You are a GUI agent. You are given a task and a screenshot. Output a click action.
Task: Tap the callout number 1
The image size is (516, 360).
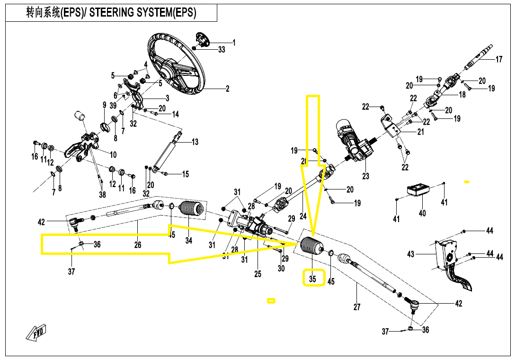233,43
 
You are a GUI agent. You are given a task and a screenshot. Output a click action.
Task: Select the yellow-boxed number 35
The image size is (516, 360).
312,279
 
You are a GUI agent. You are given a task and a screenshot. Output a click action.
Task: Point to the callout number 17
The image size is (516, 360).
499,60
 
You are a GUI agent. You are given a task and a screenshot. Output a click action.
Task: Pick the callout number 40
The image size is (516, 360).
422,213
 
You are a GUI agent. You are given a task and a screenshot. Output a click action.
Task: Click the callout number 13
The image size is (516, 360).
195,142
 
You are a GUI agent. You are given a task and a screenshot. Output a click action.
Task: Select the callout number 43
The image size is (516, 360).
410,254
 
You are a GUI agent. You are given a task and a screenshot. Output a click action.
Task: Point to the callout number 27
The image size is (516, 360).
357,307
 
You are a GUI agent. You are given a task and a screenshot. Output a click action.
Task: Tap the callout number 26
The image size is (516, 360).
138,245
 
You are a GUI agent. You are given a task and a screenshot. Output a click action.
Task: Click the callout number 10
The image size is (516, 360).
113,154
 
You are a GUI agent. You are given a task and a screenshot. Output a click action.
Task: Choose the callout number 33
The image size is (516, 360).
222,50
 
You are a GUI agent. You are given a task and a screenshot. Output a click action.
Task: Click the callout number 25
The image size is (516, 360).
258,274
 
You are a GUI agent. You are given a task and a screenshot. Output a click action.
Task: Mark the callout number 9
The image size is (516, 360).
104,105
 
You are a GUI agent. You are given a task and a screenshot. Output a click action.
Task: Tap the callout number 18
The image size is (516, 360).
462,94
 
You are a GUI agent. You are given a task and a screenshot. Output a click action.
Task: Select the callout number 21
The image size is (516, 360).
420,132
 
